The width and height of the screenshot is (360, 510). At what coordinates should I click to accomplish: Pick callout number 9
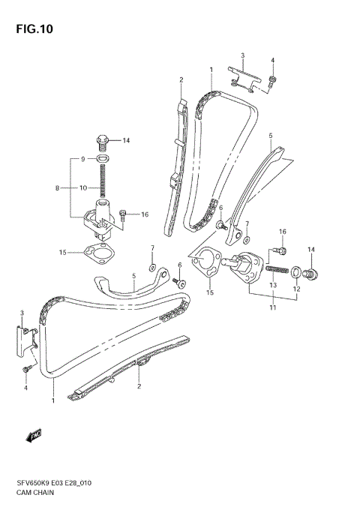pos(83,160)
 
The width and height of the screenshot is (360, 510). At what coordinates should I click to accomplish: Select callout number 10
pos(84,187)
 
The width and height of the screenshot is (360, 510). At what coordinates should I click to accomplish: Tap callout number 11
pos(272,307)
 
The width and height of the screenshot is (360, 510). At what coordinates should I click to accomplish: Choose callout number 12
pos(295,289)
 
